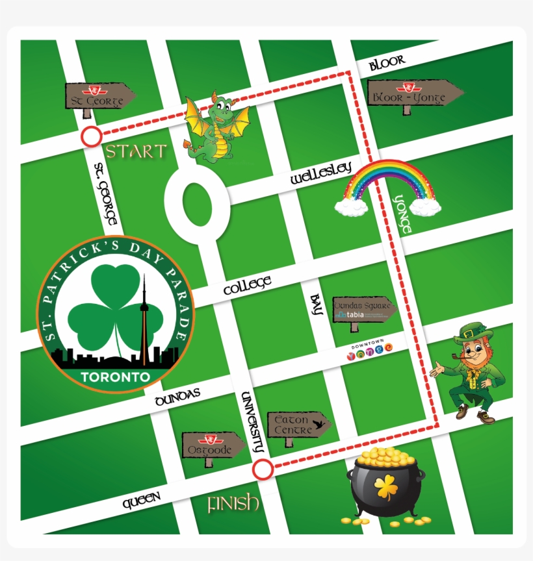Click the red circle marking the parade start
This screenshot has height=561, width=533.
click(x=92, y=138)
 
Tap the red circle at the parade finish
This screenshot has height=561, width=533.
click(x=263, y=469)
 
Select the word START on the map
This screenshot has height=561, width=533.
click(x=136, y=152)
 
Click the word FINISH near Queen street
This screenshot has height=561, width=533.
click(x=233, y=504)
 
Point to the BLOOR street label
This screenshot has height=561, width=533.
click(x=387, y=63)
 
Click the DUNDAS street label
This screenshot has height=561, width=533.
click(x=177, y=397)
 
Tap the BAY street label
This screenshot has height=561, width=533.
click(x=317, y=304)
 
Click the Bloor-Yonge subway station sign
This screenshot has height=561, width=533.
click(x=412, y=94)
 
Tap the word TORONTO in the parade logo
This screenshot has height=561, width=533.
click(x=116, y=377)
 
